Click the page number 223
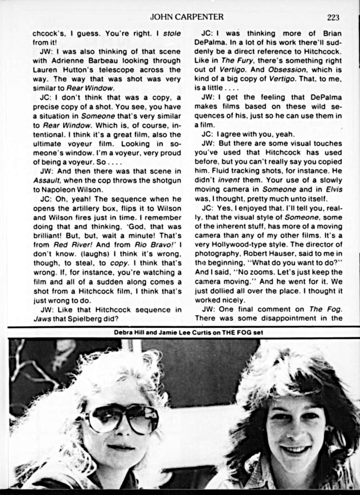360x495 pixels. click(333, 17)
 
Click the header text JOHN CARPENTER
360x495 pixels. click(187, 17)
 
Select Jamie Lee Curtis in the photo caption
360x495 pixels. click(186, 332)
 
